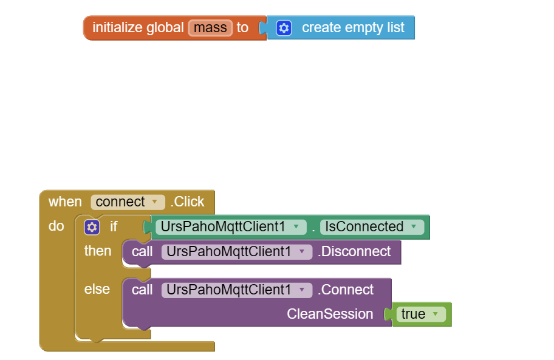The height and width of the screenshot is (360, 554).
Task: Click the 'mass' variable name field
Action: point(210,28)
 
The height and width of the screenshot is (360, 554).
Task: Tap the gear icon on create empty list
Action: point(284,28)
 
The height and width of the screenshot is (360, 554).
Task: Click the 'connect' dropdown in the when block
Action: point(127,202)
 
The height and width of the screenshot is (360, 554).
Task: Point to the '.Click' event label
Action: point(187,202)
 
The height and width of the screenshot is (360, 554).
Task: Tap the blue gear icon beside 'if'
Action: point(92,227)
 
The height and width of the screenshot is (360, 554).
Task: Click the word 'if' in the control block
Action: point(114,227)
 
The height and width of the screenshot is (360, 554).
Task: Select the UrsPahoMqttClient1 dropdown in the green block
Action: point(230,227)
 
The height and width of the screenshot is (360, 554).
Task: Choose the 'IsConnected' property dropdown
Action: point(371,227)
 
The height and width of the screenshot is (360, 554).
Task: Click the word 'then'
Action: point(98,251)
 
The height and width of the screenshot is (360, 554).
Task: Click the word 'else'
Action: point(97,290)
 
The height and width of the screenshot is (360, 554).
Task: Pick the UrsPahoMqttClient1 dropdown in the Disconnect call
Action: point(236,251)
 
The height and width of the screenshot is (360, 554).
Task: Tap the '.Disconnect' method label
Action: point(354,251)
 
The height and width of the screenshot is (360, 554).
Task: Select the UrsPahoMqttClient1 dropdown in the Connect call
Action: point(236,290)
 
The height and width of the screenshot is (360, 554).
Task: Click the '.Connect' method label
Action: point(346,290)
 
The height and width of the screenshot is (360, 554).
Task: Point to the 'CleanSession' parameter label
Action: point(330,314)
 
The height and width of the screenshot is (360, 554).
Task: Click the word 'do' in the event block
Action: point(56,226)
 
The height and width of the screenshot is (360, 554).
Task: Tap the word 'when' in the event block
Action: point(65,202)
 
